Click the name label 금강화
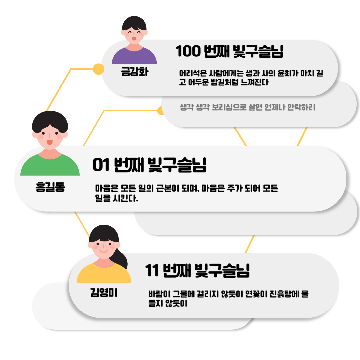(135, 71)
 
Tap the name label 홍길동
(50, 187)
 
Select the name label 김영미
(104, 293)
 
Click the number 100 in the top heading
(188, 51)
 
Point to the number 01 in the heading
(101, 165)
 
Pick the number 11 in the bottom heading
(152, 270)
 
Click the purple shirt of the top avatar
(134, 56)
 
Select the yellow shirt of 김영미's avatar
(104, 273)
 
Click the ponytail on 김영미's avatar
(120, 258)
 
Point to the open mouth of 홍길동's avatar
(50, 142)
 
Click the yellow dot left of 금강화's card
(98, 69)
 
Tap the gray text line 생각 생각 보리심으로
(247, 107)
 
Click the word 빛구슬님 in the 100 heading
(258, 51)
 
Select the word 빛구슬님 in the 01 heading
(177, 165)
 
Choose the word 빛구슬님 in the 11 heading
(222, 270)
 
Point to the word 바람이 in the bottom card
(159, 294)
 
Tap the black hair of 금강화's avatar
(134, 23)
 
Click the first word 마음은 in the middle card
(107, 188)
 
